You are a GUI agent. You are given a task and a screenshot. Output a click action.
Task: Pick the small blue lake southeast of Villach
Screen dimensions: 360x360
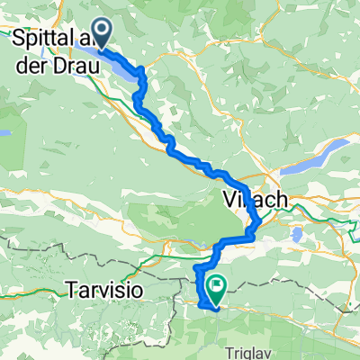coord(296,236)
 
